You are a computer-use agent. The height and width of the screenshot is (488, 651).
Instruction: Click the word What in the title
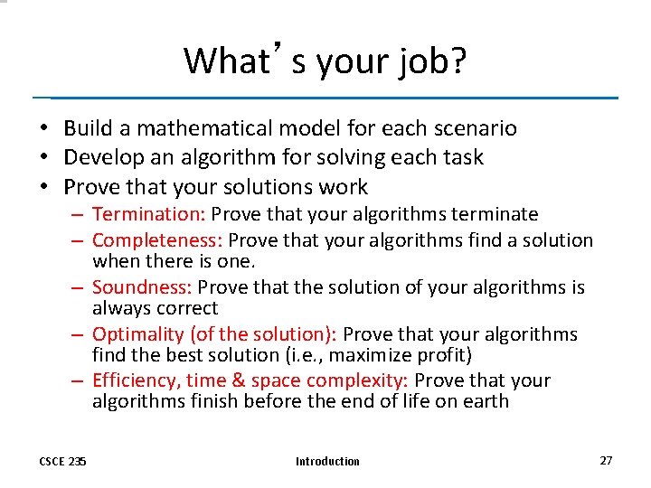(219, 61)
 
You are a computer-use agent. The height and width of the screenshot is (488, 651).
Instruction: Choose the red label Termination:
(149, 214)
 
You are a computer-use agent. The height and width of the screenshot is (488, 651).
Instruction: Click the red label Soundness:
(143, 287)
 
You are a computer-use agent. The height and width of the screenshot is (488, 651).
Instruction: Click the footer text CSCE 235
(63, 461)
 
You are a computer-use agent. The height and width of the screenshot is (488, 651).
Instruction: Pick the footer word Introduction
(327, 461)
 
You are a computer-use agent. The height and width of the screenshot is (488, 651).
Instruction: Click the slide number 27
(606, 460)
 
